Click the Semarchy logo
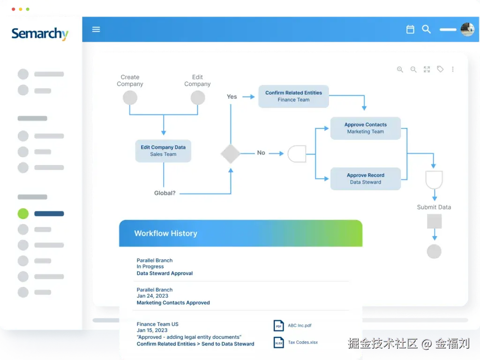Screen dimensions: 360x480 tap(40, 34)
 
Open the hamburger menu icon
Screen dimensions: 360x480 tap(96, 29)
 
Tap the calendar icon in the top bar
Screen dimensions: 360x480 tap(410, 30)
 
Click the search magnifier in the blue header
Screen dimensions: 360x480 tap(426, 29)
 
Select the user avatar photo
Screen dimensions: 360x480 tap(467, 30)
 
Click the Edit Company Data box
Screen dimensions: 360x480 tap(163, 150)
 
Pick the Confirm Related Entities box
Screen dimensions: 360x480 tap(293, 96)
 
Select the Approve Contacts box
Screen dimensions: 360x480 tap(365, 128)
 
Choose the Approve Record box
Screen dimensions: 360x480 tap(365, 179)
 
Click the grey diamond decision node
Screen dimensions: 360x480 tap(230, 153)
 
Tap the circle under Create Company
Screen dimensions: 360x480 tap(130, 98)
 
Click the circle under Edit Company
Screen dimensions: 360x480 tap(198, 98)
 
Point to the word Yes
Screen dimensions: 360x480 tap(232, 97)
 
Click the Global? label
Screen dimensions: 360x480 tap(165, 193)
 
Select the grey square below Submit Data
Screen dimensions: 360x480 tap(434, 221)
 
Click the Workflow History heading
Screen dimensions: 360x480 tap(165, 233)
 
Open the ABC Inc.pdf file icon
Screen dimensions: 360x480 tap(278, 325)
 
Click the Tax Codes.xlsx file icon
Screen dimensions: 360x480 tap(278, 343)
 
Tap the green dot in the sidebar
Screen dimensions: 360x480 tap(23, 214)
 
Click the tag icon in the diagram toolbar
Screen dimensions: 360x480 tap(440, 69)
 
